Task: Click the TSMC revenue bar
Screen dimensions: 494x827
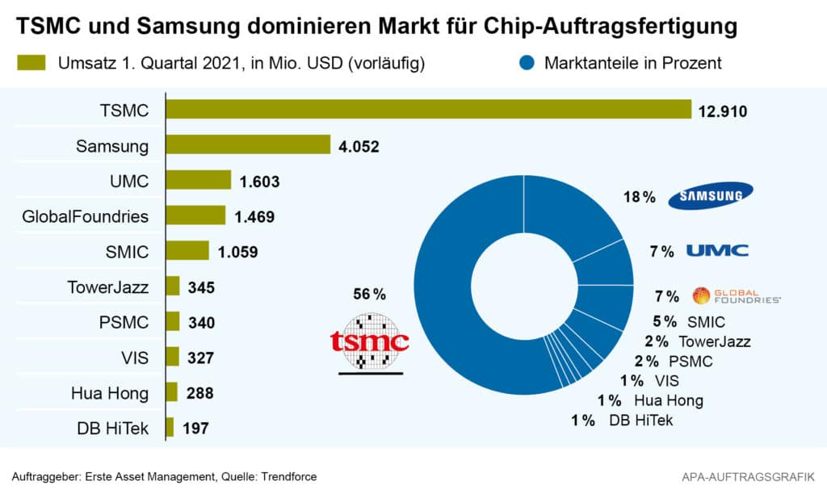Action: click(428, 110)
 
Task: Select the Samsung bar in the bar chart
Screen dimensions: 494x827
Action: click(248, 145)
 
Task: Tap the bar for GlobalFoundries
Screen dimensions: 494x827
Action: click(195, 216)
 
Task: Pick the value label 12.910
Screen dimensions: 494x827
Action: click(723, 111)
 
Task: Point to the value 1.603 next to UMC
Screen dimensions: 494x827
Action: click(259, 182)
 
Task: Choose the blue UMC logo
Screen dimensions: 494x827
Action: click(716, 250)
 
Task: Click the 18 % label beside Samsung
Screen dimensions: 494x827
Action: click(639, 197)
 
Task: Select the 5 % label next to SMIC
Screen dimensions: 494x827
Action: click(665, 322)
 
